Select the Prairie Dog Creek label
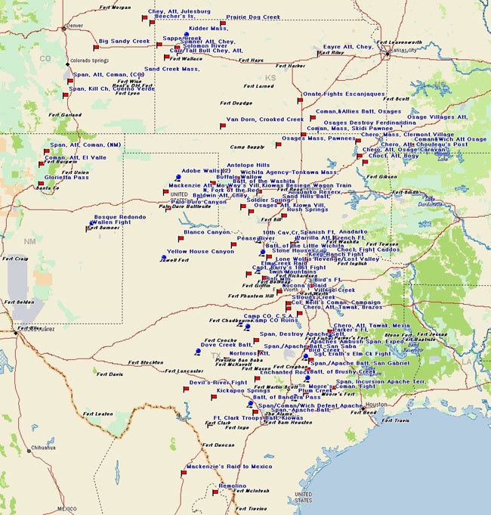coord(253,17)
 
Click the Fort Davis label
coord(108,374)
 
